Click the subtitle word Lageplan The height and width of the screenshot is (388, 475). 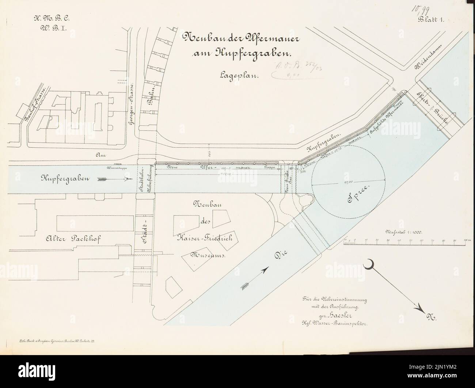(239, 76)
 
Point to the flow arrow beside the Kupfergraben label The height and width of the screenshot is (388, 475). (115, 180)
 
